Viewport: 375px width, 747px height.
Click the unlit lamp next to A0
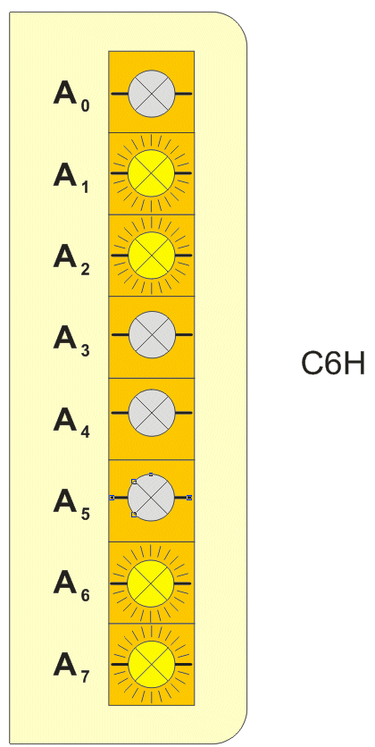point(152,93)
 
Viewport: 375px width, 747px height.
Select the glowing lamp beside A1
point(152,173)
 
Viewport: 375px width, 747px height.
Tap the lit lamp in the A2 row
point(152,256)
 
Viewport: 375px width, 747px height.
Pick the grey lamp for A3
point(152,335)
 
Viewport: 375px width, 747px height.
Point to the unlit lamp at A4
point(152,412)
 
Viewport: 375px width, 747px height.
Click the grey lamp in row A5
point(152,498)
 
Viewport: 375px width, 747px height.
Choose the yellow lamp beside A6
point(152,583)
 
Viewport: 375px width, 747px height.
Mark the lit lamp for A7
point(152,664)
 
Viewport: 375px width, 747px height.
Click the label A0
point(71,96)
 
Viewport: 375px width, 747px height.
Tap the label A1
point(71,177)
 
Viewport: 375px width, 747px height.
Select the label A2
point(71,259)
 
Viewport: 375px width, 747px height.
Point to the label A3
point(71,340)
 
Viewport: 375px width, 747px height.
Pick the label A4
point(71,422)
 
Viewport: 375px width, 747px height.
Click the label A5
point(71,503)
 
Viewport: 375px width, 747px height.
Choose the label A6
point(71,585)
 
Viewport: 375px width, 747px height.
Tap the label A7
point(71,667)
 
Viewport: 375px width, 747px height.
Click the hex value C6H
point(333,364)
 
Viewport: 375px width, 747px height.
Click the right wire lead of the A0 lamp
point(184,94)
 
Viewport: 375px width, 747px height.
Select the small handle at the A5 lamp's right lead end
point(189,498)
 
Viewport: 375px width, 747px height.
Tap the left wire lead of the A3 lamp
point(120,335)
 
